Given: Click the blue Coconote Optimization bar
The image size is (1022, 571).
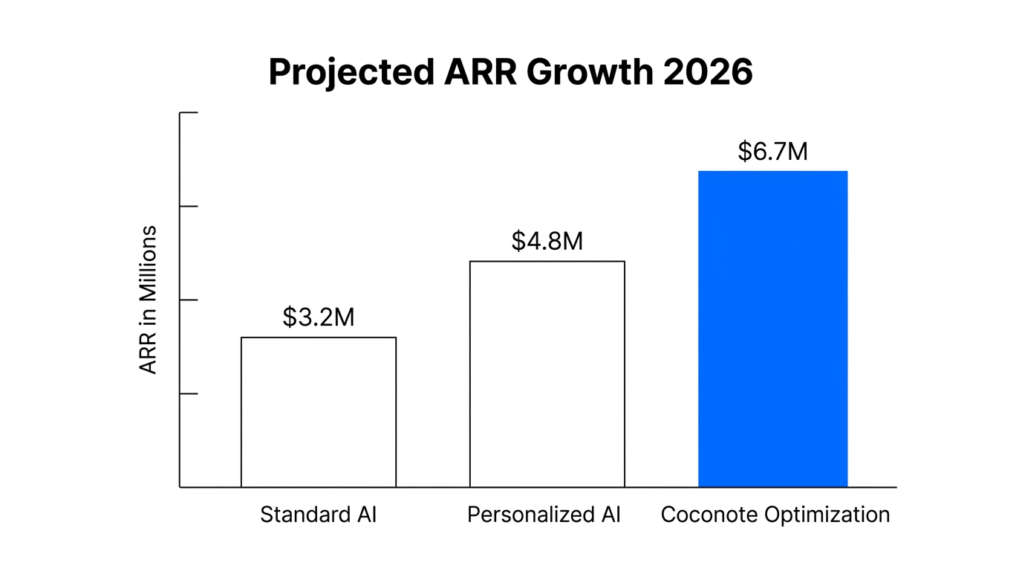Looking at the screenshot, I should tap(772, 329).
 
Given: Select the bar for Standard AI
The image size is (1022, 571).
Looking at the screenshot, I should tap(318, 412).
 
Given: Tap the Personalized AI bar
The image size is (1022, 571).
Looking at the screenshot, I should tap(547, 374).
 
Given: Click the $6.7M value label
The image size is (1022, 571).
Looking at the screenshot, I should tap(772, 152).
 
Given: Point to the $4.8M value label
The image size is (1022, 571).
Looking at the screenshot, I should tap(547, 241).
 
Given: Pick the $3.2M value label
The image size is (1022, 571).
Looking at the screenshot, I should tap(318, 317).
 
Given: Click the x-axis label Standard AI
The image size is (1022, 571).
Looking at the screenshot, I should tap(318, 514).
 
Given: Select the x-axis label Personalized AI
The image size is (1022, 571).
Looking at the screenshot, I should tap(544, 514).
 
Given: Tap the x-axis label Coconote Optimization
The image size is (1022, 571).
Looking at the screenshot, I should tap(775, 514).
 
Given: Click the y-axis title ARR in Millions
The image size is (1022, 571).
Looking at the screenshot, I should tap(149, 300).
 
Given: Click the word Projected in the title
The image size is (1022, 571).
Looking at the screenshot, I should tap(351, 73).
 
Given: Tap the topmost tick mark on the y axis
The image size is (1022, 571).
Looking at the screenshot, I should tap(189, 113).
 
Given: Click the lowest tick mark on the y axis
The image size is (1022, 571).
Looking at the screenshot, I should tap(189, 393).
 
